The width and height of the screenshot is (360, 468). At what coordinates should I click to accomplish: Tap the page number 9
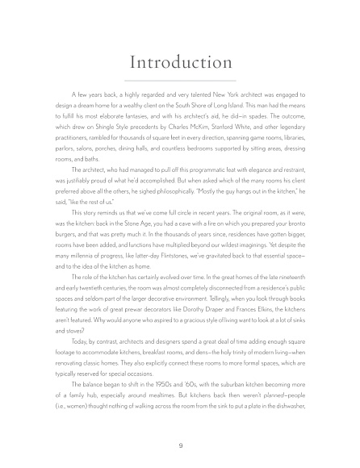click(180, 444)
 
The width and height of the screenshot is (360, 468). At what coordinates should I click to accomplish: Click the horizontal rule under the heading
click(180, 82)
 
